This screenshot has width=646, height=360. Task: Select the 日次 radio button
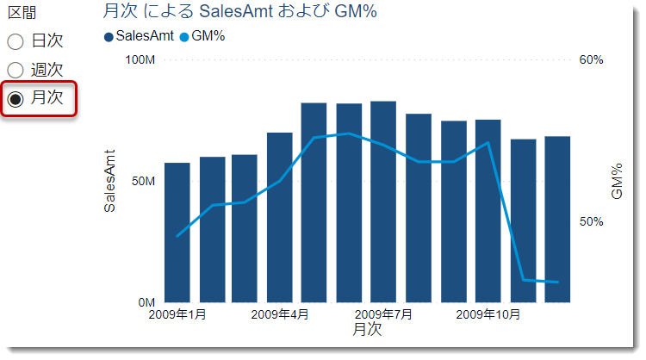pos(16,40)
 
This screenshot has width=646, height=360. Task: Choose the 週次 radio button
pos(16,70)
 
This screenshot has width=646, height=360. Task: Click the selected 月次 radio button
pos(16,98)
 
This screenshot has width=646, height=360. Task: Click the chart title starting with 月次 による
pos(239,12)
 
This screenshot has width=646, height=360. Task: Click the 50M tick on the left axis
pos(142,182)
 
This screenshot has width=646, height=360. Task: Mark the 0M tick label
pos(146,303)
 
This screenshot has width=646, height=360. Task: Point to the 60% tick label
pos(591,59)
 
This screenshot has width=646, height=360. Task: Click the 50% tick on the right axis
pos(591,222)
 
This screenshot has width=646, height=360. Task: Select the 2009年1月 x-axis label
pos(177,315)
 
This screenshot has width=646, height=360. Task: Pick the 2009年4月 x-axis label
pos(280,315)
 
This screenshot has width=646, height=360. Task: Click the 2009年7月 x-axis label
pos(383,315)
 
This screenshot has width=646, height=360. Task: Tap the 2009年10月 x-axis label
pos(489,315)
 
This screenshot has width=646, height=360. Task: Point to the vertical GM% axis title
pos(617,182)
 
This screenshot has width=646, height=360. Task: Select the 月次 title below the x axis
pos(367,330)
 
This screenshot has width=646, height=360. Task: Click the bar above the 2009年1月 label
pos(177,233)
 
